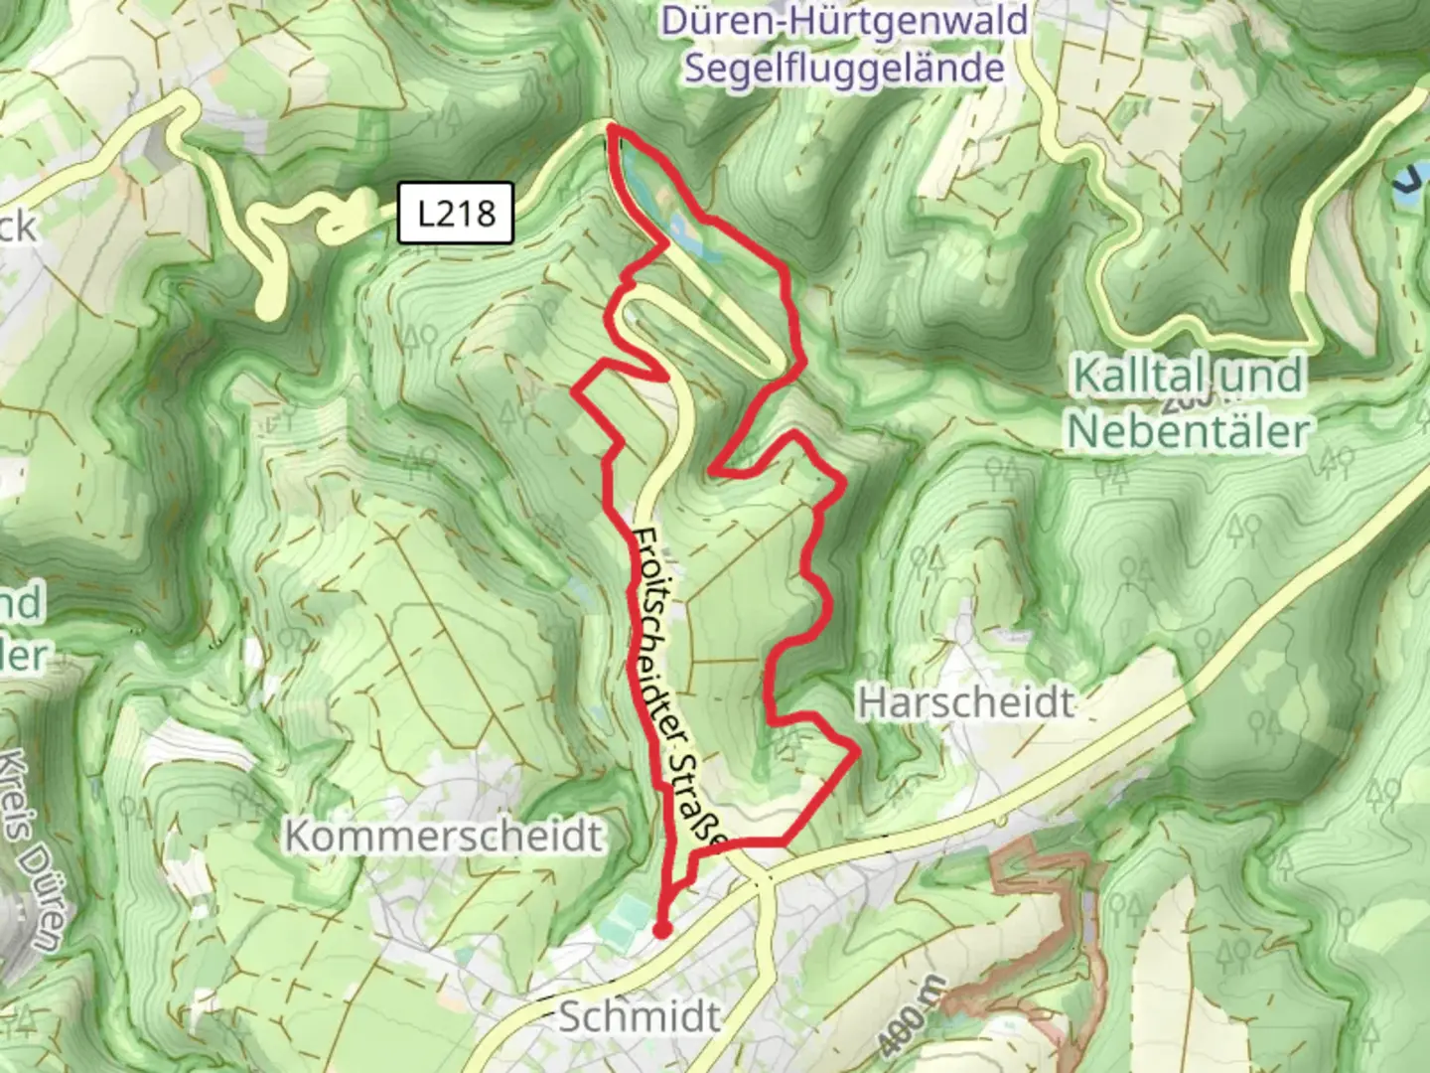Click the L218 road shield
[x=456, y=213]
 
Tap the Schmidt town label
[x=640, y=1016]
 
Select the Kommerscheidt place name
[x=444, y=836]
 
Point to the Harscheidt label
[x=965, y=702]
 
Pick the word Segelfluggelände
[x=844, y=69]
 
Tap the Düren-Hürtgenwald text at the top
[x=844, y=20]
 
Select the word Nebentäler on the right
[x=1188, y=431]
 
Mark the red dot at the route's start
[x=661, y=930]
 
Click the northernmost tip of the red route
[x=612, y=127]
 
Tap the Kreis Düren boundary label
[x=34, y=844]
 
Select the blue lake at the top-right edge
[x=1409, y=184]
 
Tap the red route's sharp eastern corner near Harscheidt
[x=857, y=753]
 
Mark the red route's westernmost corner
[x=576, y=391]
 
